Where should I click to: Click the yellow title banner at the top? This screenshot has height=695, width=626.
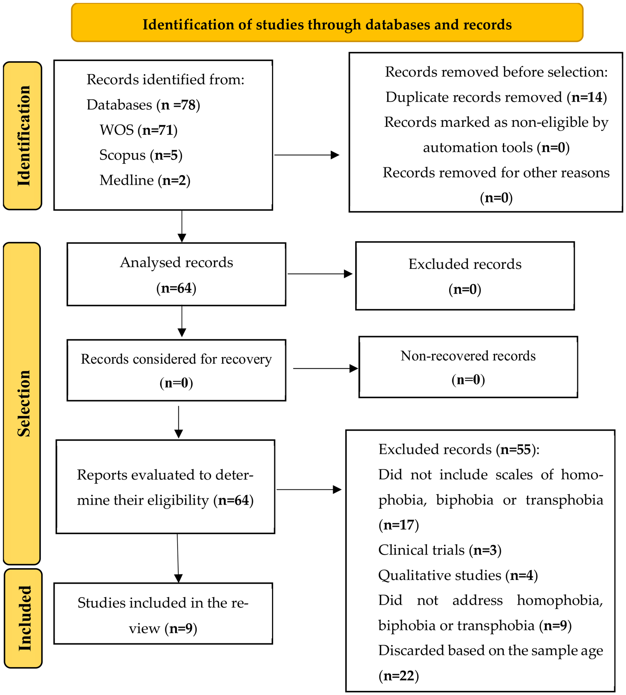[x=327, y=23]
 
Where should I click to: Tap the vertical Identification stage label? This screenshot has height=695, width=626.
[x=23, y=136]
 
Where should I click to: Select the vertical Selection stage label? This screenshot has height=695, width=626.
[x=22, y=403]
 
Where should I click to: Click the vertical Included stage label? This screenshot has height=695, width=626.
[x=23, y=618]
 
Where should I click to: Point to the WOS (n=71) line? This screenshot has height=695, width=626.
[x=138, y=130]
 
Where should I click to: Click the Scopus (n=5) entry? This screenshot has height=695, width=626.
[x=141, y=155]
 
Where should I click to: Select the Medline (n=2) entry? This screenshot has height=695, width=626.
[x=145, y=180]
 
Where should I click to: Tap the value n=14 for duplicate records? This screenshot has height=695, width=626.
[x=587, y=97]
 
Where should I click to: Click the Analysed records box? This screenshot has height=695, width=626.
[x=176, y=274]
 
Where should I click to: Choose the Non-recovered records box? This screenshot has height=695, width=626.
[x=468, y=367]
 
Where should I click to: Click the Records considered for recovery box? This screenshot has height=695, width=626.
[x=176, y=370]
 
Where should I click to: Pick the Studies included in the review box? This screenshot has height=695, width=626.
[x=163, y=614]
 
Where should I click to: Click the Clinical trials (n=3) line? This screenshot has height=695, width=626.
[x=440, y=550]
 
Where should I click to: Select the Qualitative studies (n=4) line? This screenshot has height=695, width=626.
[x=458, y=575]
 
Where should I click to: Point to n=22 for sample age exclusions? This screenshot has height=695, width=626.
[x=399, y=676]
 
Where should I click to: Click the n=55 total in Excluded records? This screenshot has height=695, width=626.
[x=516, y=449]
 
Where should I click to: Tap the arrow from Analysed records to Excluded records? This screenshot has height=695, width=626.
[x=320, y=274]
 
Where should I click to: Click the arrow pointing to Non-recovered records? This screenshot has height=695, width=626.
[x=325, y=368]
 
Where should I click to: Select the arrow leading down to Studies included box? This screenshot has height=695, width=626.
[x=178, y=558]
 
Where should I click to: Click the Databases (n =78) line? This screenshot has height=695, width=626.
[x=143, y=105]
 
